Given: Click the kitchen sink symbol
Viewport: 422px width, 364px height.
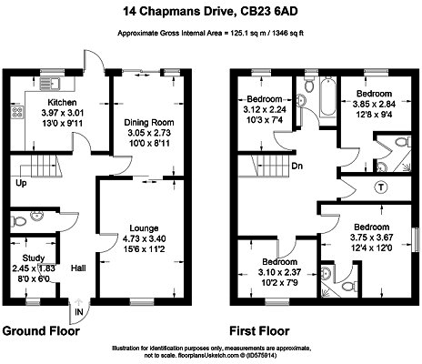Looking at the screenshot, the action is click(x=50, y=84).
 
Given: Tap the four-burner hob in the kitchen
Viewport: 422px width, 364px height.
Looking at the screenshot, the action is click(x=17, y=112).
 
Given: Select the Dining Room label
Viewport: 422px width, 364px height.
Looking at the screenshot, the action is click(x=149, y=123).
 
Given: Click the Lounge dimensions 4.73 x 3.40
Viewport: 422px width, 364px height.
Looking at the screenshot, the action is click(x=145, y=238).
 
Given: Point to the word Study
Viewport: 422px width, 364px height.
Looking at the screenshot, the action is click(x=34, y=258).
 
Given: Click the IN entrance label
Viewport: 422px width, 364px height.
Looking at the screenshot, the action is click(x=79, y=312).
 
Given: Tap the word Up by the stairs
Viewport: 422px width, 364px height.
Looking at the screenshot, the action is click(x=21, y=183).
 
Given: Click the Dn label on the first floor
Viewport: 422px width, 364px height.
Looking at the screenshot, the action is click(x=297, y=166).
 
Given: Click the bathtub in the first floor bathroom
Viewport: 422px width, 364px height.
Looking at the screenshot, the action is click(x=328, y=96).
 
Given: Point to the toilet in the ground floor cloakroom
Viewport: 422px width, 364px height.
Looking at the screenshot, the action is click(x=18, y=221).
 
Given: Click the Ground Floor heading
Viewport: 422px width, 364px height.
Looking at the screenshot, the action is click(x=41, y=331).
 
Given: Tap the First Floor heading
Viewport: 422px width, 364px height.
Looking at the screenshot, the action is click(x=259, y=331).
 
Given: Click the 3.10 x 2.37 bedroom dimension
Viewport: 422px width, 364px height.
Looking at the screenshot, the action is click(x=279, y=272).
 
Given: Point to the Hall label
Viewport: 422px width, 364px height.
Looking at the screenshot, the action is click(x=78, y=268).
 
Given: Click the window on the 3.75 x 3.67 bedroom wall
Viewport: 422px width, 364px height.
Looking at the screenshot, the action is click(x=417, y=239).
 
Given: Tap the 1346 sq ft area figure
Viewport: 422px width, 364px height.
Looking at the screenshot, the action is click(x=285, y=33).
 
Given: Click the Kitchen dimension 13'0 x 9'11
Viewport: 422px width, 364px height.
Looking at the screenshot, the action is click(x=63, y=123).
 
